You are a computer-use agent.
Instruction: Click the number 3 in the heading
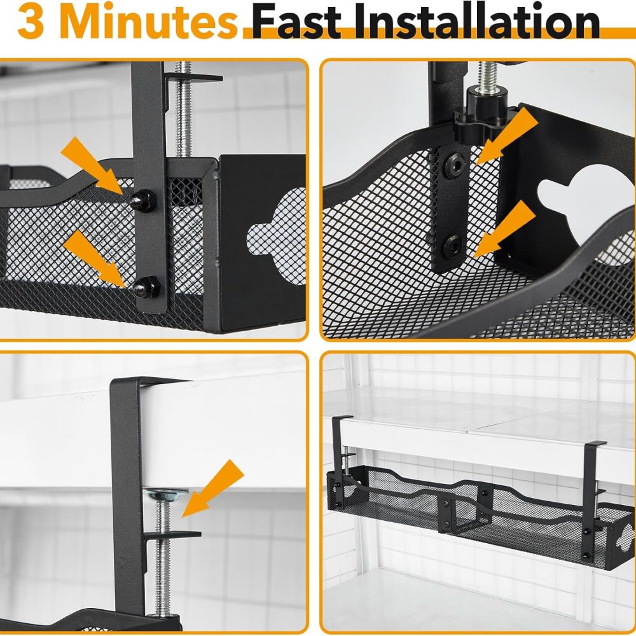pyautogui.click(x=31, y=22)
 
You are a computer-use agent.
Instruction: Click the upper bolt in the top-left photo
pyautogui.click(x=142, y=200)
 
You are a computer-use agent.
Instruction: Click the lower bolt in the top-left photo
pyautogui.click(x=147, y=287)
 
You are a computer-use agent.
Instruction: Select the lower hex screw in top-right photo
pyautogui.click(x=452, y=246)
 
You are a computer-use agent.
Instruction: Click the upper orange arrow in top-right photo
pyautogui.click(x=508, y=135)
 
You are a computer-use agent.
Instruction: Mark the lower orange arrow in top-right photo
pyautogui.click(x=504, y=229)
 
